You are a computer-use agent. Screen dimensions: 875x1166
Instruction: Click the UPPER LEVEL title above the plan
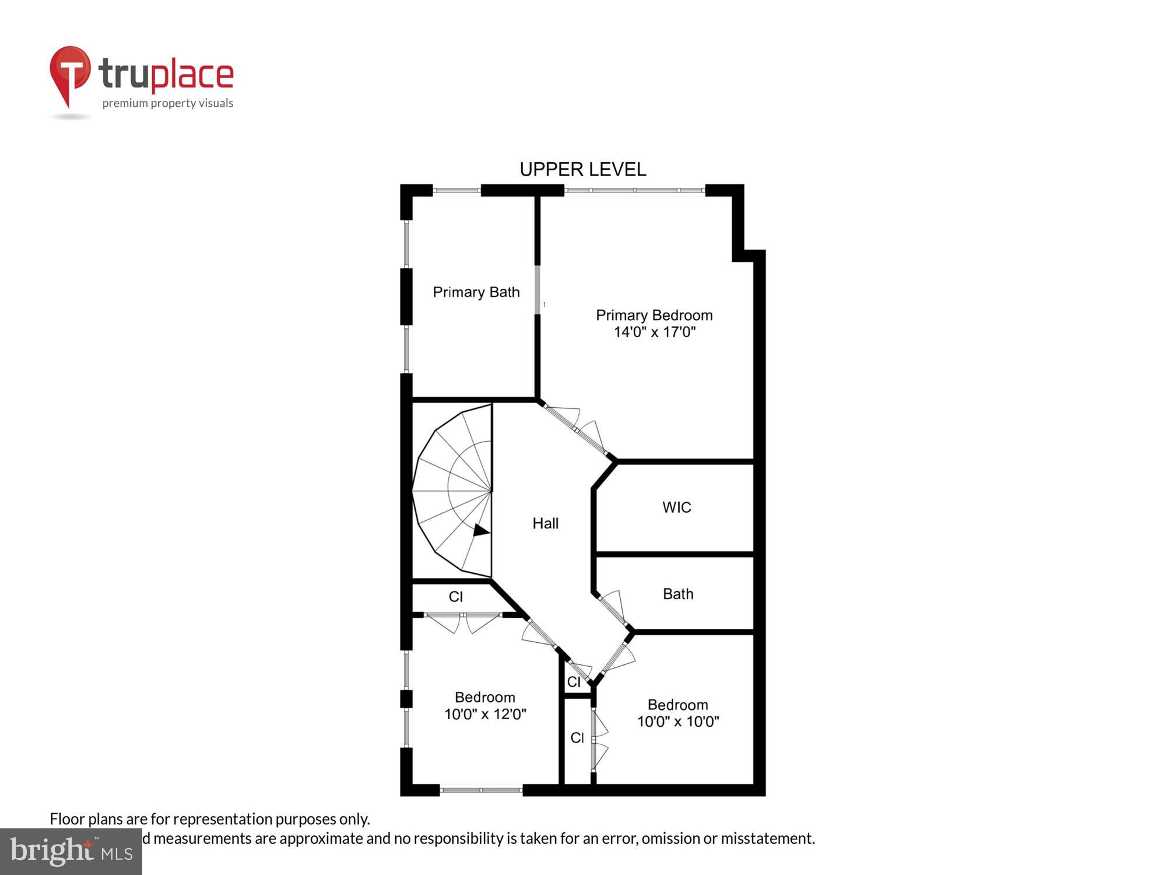[x=582, y=170]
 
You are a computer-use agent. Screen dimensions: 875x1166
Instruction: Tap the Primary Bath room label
[x=476, y=292]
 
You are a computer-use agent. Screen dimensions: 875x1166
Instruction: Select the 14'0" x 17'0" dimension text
[x=654, y=332]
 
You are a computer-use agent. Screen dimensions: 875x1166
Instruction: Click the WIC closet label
[x=676, y=508]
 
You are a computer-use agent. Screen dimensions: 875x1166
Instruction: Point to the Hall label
[x=545, y=523]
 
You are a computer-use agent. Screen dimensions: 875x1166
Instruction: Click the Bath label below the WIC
[x=677, y=594]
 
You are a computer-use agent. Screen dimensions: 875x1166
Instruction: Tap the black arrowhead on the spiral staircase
[x=480, y=530]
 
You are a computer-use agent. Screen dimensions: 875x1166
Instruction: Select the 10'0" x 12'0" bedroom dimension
[x=485, y=714]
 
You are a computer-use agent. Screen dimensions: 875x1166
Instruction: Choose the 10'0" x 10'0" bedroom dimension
[x=677, y=722]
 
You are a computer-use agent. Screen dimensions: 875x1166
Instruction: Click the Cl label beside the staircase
[x=455, y=597]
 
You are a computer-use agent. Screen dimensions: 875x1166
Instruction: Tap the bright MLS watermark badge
[x=71, y=852]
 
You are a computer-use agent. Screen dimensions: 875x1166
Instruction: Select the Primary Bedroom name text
[x=654, y=316]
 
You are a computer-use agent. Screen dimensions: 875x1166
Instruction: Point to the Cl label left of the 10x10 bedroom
[x=577, y=738]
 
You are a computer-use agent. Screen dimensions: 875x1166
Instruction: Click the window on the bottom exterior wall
[x=481, y=790]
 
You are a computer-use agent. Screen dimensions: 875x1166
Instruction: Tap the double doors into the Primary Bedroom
[x=575, y=429]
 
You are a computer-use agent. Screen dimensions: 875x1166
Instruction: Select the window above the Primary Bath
[x=456, y=190]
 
